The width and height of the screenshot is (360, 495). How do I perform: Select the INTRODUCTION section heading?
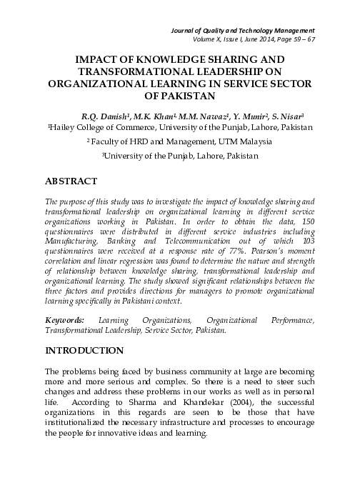84,351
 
